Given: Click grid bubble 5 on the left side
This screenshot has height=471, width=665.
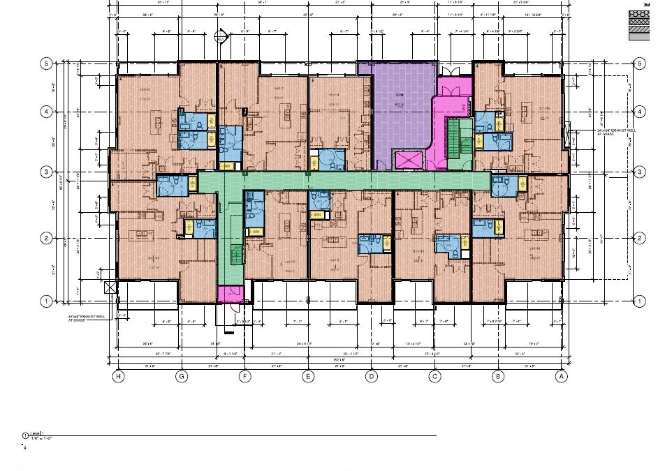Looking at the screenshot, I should (47, 63).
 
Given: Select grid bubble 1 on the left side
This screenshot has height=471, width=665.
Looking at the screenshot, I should (47, 301).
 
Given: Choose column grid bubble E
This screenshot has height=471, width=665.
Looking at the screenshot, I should (308, 377).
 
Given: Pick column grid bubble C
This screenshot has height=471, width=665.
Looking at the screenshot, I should (434, 377).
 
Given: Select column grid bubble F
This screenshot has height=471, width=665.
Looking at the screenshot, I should (244, 377).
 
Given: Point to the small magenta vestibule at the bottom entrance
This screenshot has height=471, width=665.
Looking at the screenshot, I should (229, 294).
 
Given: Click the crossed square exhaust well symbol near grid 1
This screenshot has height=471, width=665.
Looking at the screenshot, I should (108, 287).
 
